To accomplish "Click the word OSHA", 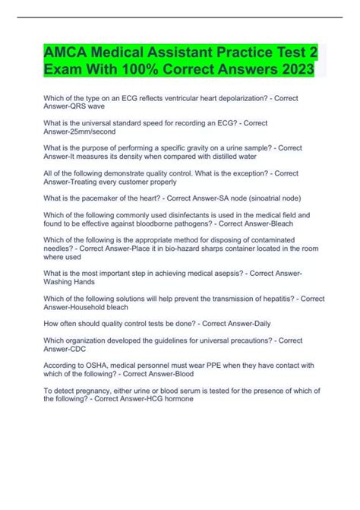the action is [x=93, y=363].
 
